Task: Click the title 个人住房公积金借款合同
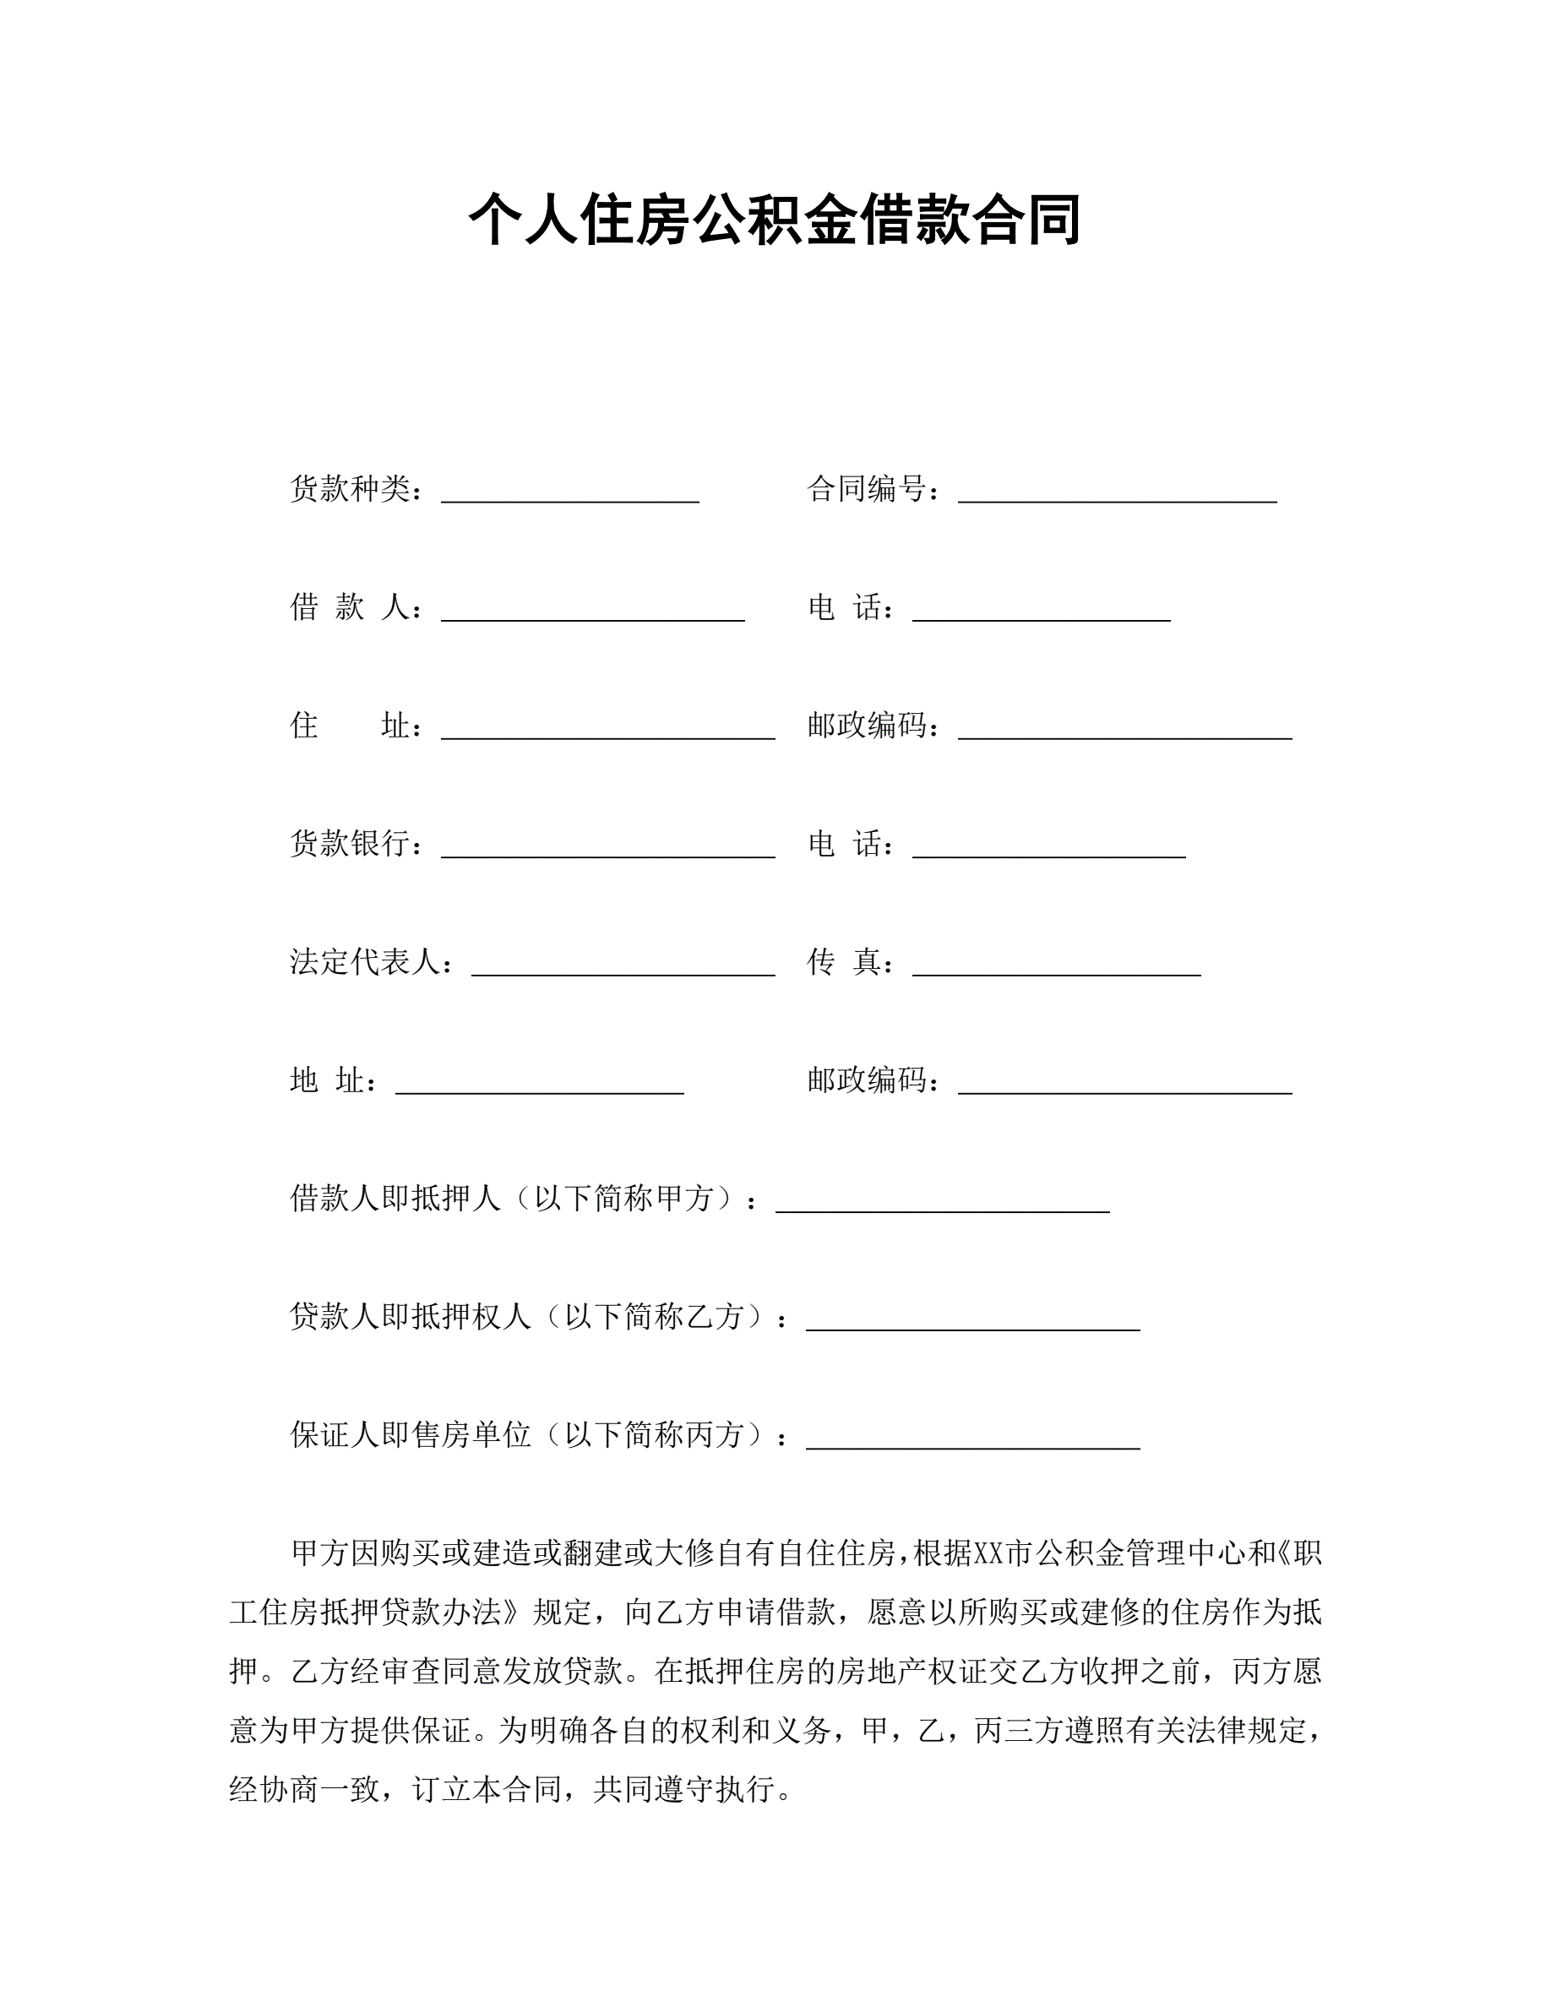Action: (775, 220)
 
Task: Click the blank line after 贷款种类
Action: (569, 494)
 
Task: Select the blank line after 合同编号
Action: (1118, 494)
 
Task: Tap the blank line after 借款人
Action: (593, 613)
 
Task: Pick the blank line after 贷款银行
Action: (607, 850)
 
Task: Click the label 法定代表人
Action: (365, 962)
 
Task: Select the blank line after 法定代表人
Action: (623, 968)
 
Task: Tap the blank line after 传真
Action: (1057, 968)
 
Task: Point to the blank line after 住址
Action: (607, 732)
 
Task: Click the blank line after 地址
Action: (539, 1086)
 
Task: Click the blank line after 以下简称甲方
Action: (943, 1205)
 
